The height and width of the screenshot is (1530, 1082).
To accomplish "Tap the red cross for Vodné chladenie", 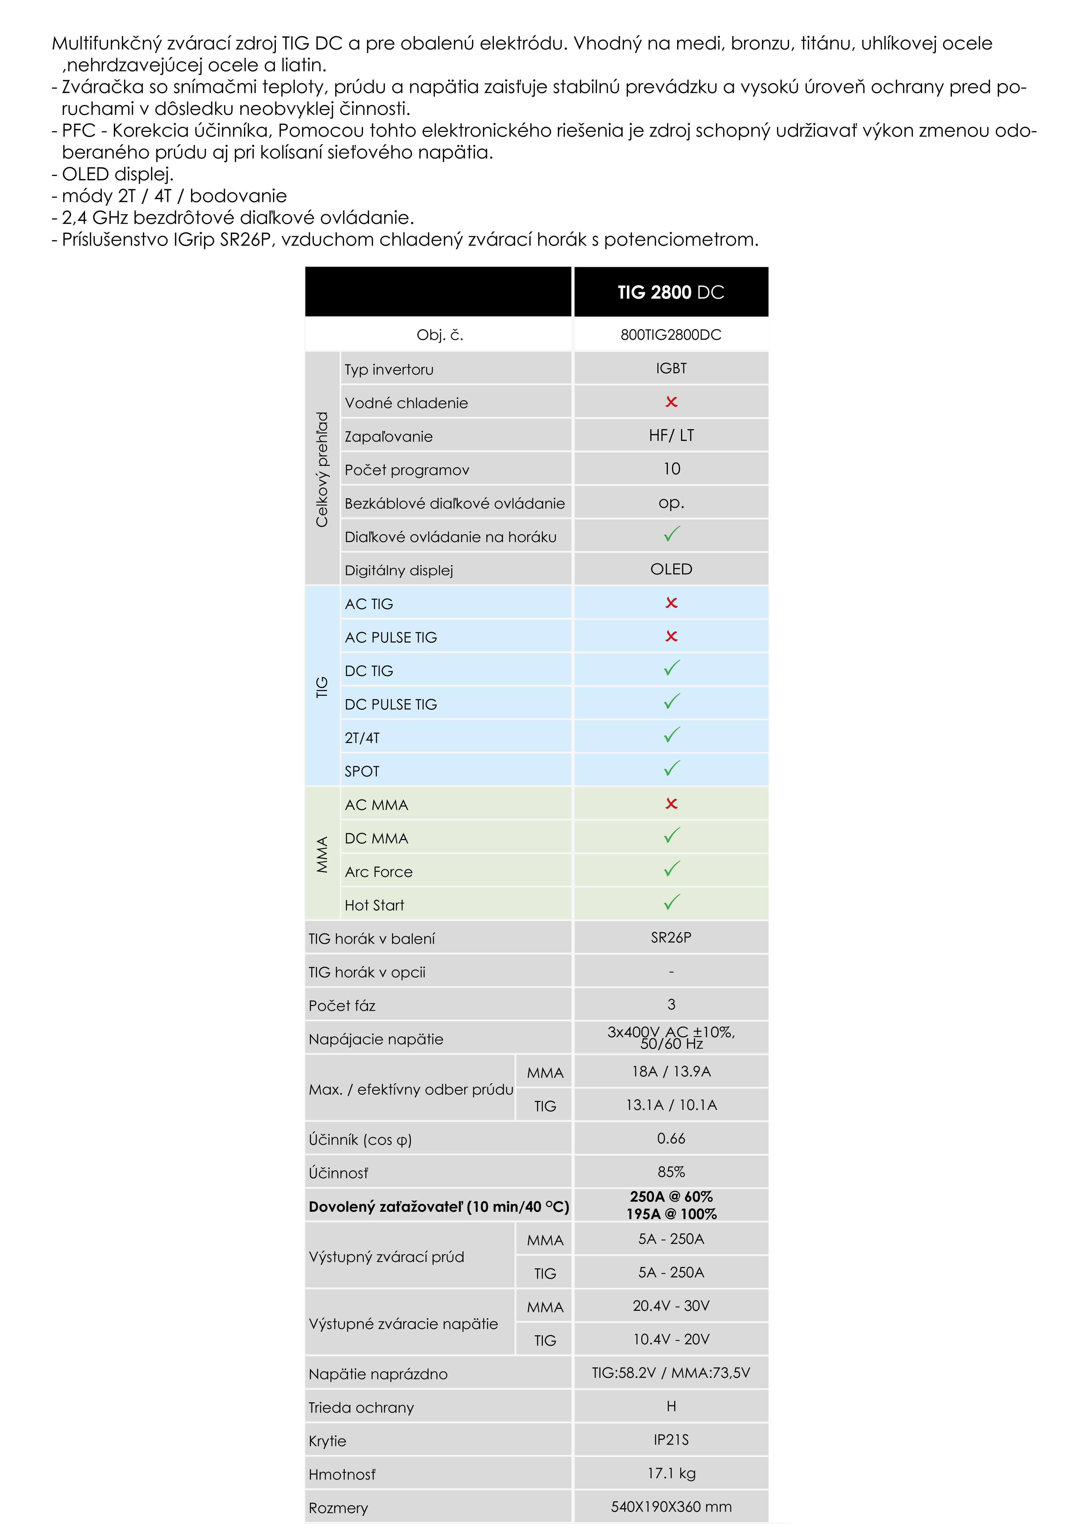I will click(x=671, y=402).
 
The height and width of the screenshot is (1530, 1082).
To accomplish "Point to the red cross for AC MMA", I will click(x=671, y=804).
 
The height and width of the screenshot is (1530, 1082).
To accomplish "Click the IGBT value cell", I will click(x=671, y=368).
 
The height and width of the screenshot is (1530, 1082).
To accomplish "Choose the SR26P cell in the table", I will click(x=671, y=937).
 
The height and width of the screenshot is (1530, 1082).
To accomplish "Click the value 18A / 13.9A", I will click(x=671, y=1071).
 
